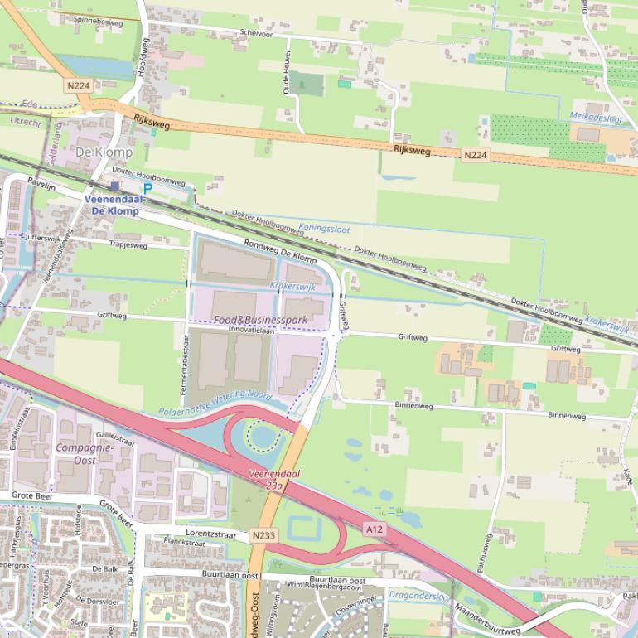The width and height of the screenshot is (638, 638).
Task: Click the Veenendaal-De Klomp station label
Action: pos(114,205)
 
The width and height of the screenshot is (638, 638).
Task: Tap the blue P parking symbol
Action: pos(147,189)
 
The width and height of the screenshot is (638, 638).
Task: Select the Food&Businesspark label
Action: pos(260,320)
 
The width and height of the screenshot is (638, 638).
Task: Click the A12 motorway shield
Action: pos(374,529)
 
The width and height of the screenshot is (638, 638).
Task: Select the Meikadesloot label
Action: pos(596,117)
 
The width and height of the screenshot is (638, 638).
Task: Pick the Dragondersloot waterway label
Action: pos(420,595)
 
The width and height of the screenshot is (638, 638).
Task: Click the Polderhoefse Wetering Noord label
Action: pos(215,404)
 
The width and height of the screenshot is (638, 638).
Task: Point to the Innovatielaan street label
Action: pos(251,330)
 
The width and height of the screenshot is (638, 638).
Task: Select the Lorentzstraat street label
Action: pos(210,534)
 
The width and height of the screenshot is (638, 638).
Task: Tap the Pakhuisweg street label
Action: pos(485,553)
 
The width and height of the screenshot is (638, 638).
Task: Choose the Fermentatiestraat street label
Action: pos(185,370)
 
